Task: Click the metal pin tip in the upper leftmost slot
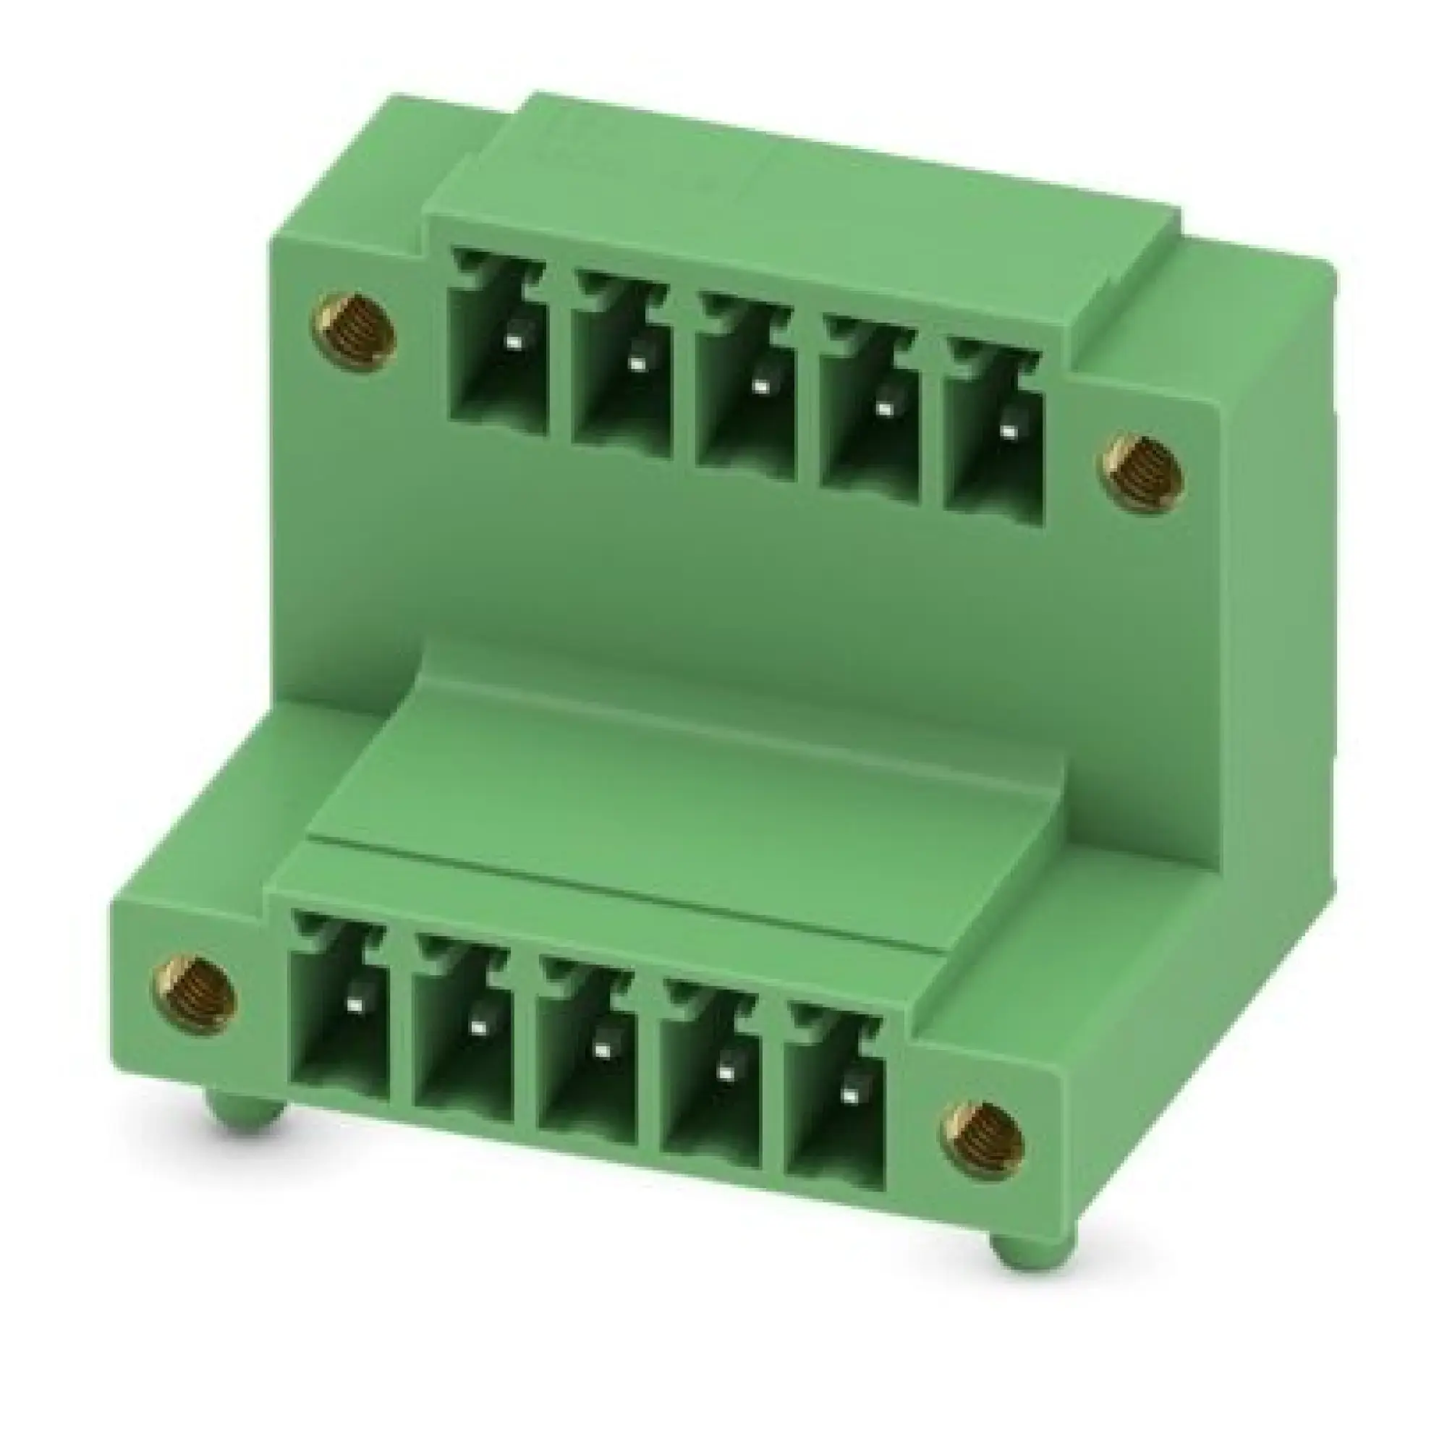pos(513,342)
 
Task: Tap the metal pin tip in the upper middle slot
pos(760,388)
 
